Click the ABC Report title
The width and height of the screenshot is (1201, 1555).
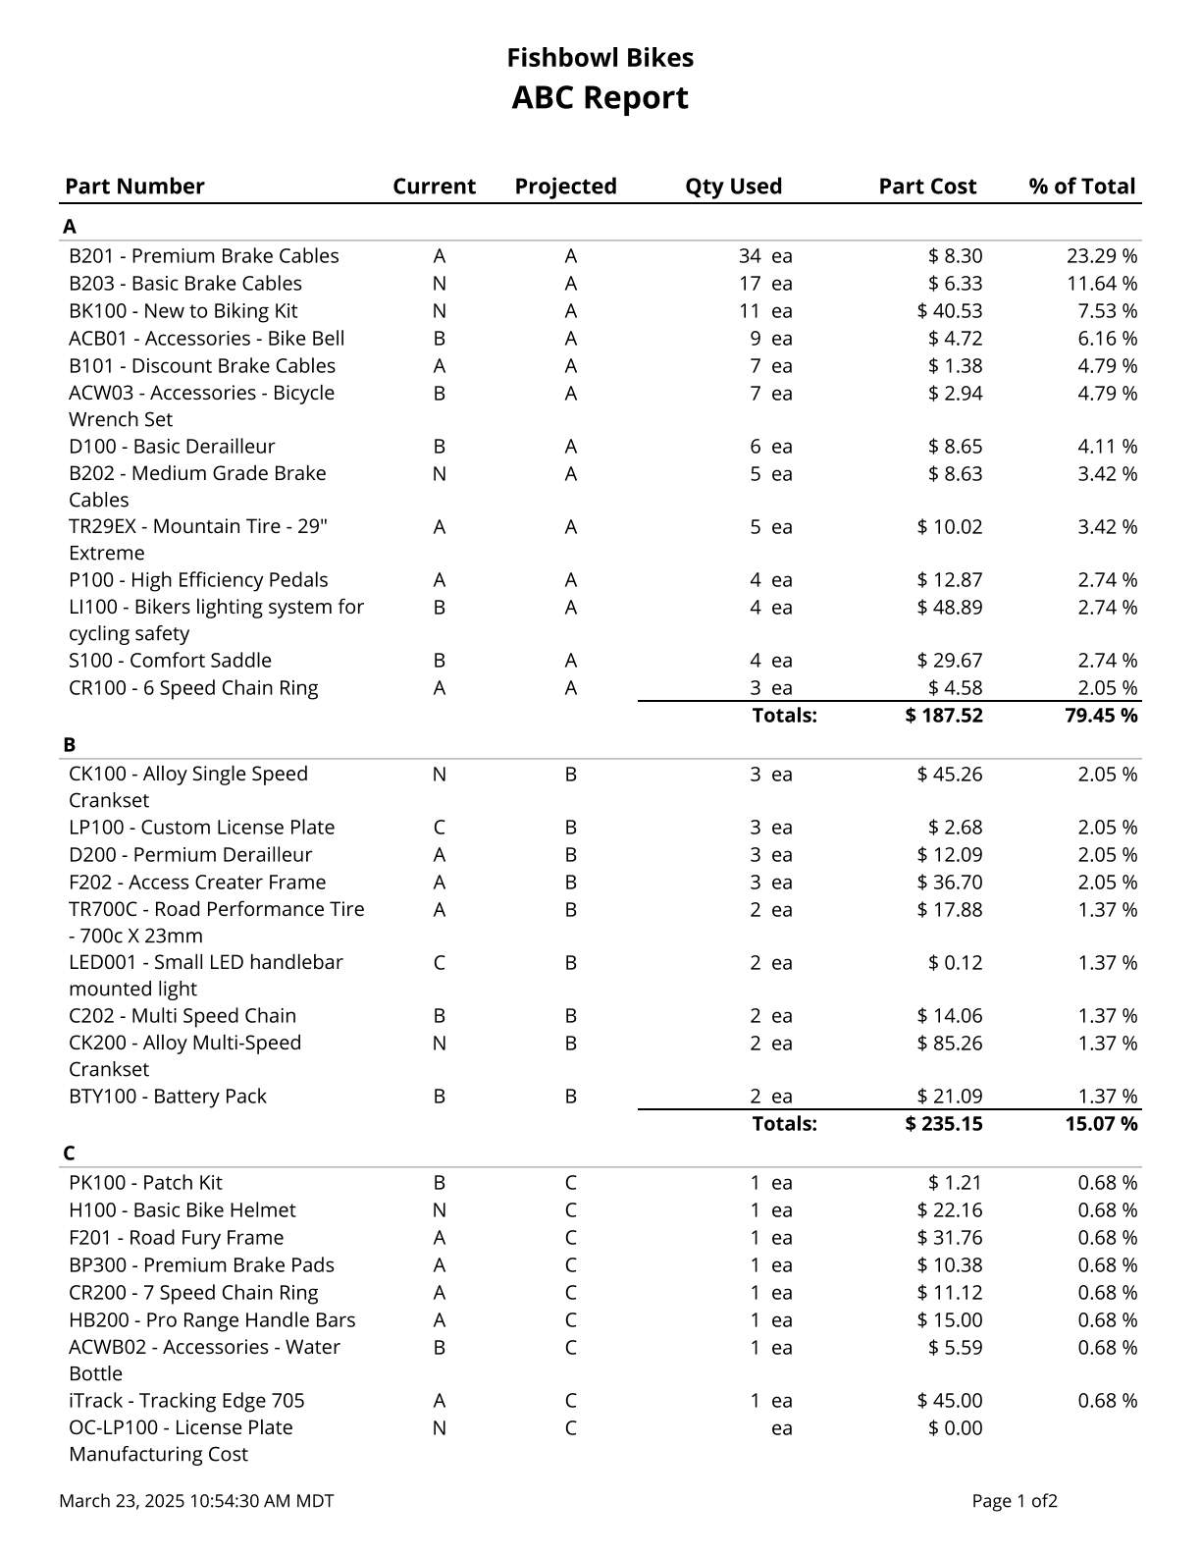(600, 98)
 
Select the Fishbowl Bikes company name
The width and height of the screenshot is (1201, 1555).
(600, 58)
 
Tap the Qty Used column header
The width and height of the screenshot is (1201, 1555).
(733, 187)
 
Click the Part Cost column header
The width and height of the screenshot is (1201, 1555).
(927, 187)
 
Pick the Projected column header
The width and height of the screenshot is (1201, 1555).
(565, 187)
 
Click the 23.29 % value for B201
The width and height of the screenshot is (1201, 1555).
(1102, 256)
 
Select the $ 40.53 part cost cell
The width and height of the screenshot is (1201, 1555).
(949, 311)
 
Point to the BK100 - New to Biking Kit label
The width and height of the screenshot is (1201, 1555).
(183, 311)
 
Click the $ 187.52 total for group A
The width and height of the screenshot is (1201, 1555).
(943, 716)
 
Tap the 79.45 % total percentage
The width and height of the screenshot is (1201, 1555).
(1101, 716)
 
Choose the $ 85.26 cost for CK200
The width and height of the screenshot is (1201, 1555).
(949, 1044)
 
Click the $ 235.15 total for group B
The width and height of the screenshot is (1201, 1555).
(943, 1124)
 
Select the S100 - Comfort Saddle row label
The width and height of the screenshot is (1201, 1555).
(170, 661)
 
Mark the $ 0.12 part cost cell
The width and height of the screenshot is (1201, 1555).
(955, 963)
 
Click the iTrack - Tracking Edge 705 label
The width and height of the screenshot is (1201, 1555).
(186, 1401)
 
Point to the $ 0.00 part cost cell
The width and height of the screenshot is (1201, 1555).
(955, 1428)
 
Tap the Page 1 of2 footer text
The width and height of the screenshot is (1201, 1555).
(1015, 1501)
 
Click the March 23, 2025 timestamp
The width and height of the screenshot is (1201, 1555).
(196, 1501)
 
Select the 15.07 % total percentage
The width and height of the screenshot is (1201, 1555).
(1101, 1124)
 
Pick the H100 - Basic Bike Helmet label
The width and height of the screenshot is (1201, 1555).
(182, 1210)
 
